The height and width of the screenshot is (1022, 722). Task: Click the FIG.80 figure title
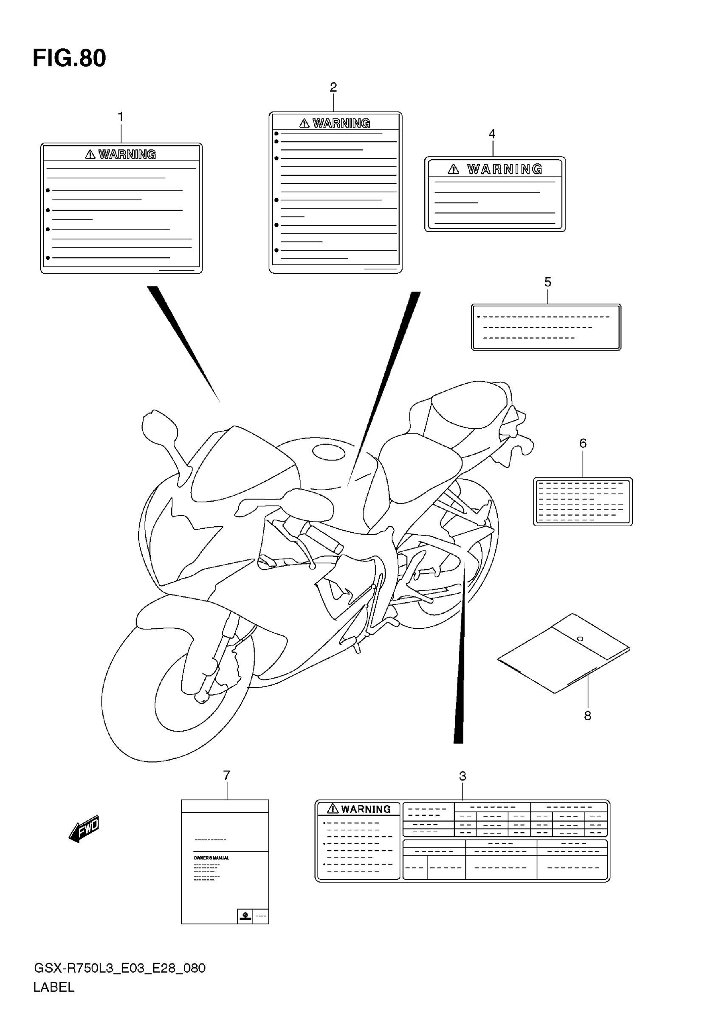click(69, 58)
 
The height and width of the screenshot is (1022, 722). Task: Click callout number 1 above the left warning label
click(120, 117)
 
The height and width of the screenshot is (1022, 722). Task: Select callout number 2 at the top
click(333, 87)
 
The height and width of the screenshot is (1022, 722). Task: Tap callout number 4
click(492, 134)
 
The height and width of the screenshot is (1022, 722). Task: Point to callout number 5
click(548, 282)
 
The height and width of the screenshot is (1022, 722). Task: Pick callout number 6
click(583, 443)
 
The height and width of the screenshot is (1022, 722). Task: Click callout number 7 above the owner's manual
click(227, 775)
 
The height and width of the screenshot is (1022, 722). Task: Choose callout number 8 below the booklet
click(587, 716)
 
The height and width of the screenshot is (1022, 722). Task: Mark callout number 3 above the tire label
click(463, 776)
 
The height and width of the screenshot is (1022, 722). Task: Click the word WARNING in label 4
click(505, 169)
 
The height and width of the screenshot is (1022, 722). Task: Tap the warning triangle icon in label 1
click(90, 154)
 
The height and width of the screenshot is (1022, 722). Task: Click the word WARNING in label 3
click(366, 809)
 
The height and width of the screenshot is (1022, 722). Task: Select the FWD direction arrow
click(84, 829)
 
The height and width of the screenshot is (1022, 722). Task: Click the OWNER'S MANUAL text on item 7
click(211, 858)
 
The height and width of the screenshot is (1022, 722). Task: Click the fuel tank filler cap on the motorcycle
click(329, 452)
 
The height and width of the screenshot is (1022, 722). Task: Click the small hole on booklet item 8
click(579, 639)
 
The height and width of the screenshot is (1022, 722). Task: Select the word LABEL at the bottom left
click(54, 987)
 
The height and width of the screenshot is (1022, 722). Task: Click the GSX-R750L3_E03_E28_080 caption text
click(119, 968)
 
